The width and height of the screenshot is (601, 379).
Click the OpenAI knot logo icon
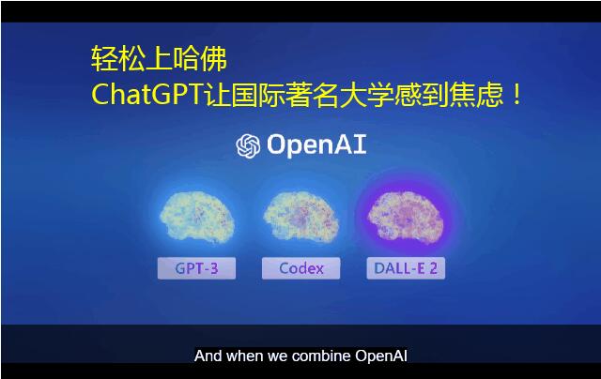point(248,145)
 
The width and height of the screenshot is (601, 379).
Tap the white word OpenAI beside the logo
point(316,145)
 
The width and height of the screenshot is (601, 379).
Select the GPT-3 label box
point(196,268)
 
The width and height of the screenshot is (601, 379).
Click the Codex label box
point(300,268)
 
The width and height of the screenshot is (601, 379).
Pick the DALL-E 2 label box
point(406,268)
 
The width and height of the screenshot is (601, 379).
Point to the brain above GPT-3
point(196,217)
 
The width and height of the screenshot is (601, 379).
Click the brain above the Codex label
point(300,217)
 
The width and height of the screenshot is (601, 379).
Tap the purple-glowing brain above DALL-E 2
point(406,217)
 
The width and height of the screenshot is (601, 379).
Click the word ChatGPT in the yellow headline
point(146,94)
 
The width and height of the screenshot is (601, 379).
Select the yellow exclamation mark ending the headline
point(516,95)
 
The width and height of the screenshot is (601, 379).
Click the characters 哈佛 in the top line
point(200,59)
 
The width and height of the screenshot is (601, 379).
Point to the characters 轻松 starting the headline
point(118,59)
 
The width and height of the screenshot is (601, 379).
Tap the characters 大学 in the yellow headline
point(367,94)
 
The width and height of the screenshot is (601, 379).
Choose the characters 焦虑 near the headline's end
point(476,94)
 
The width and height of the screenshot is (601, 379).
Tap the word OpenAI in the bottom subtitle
point(380,356)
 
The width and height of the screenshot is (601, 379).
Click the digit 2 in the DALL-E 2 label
point(433,268)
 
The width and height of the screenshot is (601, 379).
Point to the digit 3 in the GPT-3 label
point(214,268)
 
